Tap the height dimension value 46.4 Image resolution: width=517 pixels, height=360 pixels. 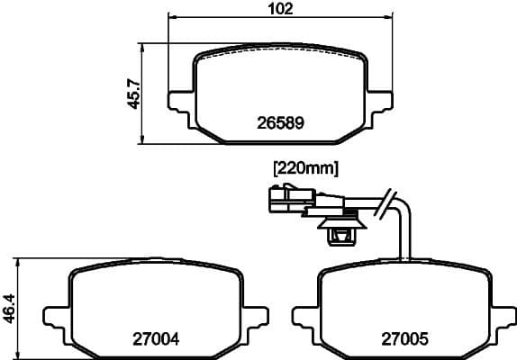[8, 307]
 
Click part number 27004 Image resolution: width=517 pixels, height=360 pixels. [157, 339]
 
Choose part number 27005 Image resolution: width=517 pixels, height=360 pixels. [404, 339]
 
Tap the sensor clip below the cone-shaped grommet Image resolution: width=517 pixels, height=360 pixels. [341, 237]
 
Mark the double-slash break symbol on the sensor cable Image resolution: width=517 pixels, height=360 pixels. [388, 203]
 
